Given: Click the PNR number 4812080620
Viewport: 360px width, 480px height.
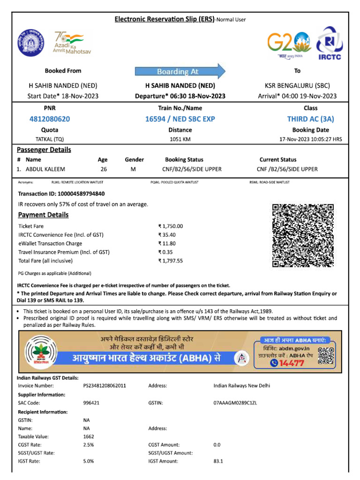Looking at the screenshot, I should [x=50, y=119].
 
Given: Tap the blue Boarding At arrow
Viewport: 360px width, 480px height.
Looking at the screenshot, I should [x=180, y=71].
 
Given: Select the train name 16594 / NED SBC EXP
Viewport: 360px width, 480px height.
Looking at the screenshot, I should [x=180, y=119].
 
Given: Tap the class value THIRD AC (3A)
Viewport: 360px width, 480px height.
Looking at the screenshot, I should [x=310, y=119].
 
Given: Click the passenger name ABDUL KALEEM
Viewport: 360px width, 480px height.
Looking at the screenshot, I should [x=45, y=169].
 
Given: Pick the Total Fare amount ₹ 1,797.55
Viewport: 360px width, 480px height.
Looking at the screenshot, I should [x=171, y=261].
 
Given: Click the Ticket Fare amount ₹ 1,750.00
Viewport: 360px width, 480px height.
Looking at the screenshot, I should [x=171, y=226].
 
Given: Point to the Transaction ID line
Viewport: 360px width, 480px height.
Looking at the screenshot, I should [x=61, y=194].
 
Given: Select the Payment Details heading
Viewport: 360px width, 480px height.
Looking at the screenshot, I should [x=43, y=215].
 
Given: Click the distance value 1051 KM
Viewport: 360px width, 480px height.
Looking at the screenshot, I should [x=180, y=139].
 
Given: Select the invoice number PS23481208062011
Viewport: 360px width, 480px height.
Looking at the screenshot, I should [x=105, y=386].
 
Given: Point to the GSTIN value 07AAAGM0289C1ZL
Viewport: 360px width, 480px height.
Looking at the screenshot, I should [x=235, y=403].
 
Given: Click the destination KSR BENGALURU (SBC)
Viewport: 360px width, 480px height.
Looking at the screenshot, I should [x=297, y=86].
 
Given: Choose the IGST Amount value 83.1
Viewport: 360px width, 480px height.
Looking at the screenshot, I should [x=218, y=461].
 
